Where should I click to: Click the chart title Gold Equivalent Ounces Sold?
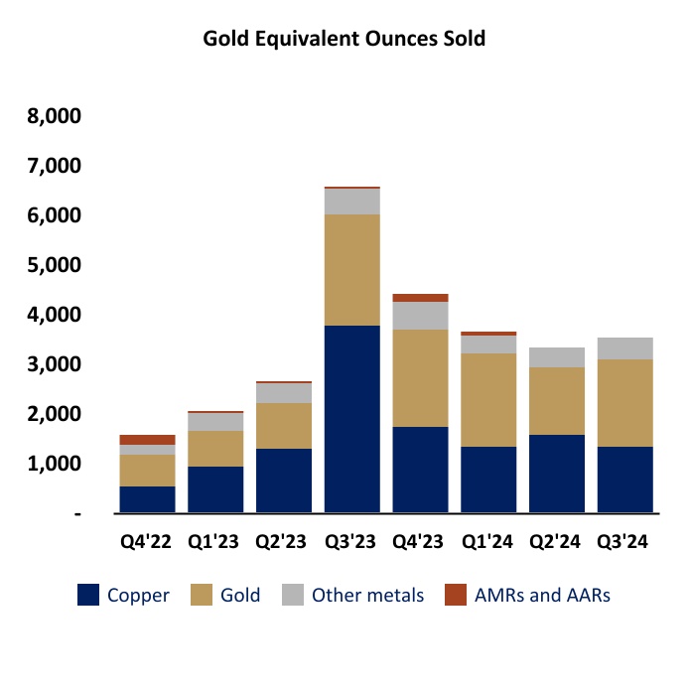(x=344, y=39)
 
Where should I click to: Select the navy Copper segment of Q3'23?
(x=351, y=418)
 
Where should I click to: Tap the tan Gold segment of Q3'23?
(x=351, y=269)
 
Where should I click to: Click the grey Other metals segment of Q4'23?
(x=420, y=315)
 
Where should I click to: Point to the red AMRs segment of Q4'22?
(x=146, y=439)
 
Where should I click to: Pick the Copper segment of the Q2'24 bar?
(x=557, y=473)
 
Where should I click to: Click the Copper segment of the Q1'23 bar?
(x=214, y=488)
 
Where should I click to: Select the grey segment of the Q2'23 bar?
(x=283, y=392)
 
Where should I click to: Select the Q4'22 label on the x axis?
(x=146, y=542)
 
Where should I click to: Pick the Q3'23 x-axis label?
(x=351, y=542)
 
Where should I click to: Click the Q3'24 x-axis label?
(x=624, y=542)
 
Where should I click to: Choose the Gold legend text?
(x=240, y=596)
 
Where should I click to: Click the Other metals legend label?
(x=367, y=596)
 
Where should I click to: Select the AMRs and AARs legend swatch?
(x=455, y=596)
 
